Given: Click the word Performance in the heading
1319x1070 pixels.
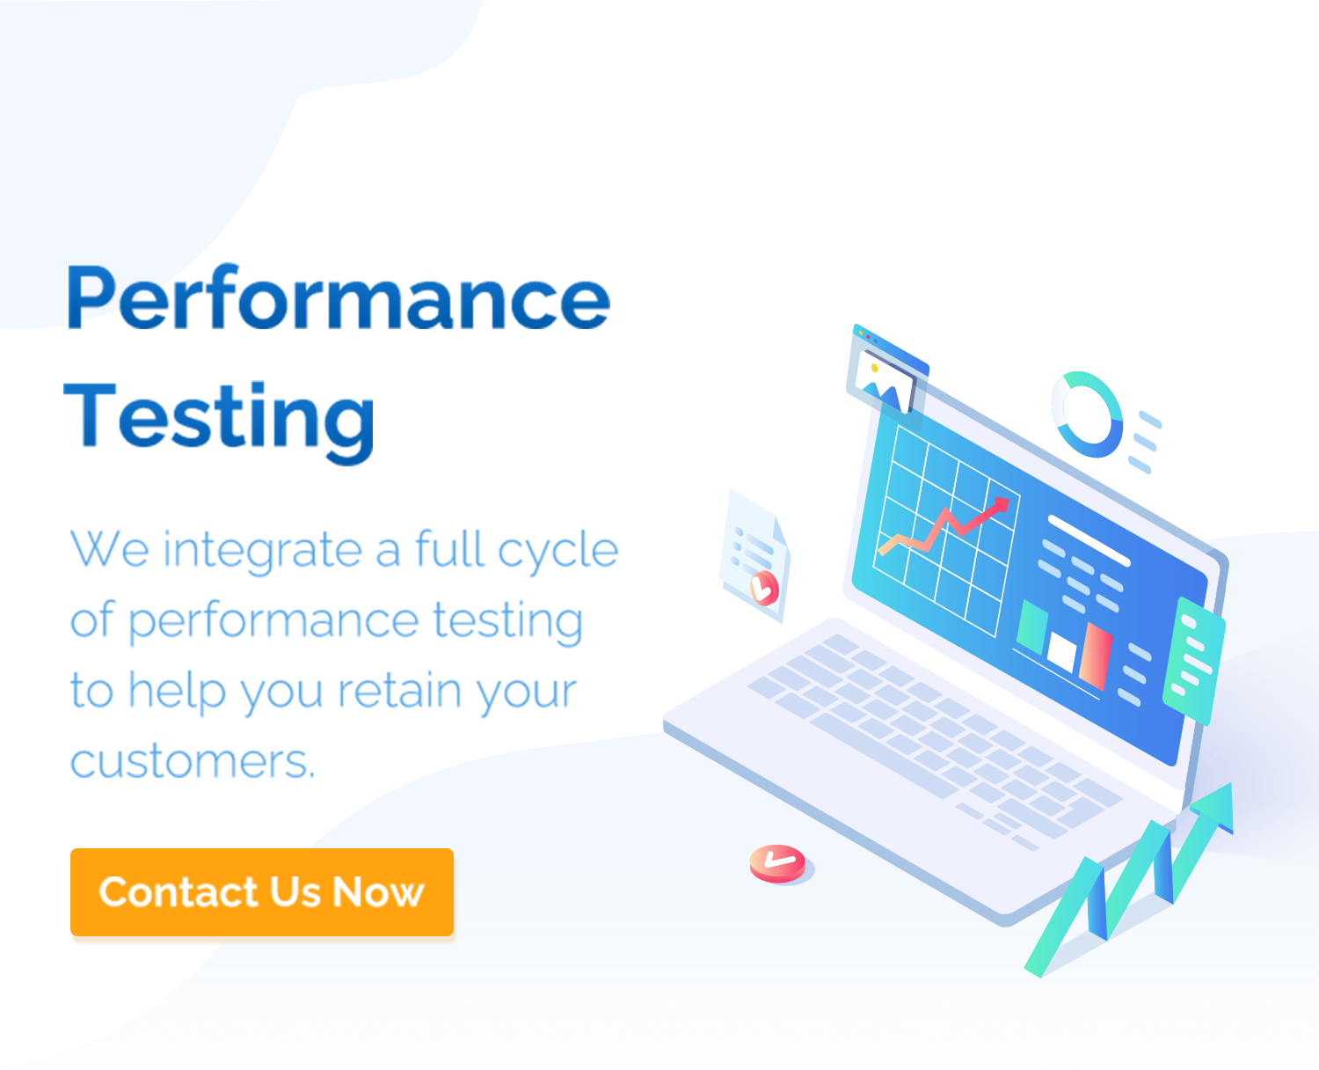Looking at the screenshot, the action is tap(339, 297).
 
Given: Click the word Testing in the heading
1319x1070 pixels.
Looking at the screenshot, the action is tap(219, 422).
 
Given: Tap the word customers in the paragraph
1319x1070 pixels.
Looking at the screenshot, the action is tap(192, 761).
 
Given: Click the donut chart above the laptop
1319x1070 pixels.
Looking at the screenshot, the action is tap(1087, 414).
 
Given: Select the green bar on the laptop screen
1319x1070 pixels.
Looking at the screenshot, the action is tap(1031, 627).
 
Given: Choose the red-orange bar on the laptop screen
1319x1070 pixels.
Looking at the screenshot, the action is tap(1096, 656).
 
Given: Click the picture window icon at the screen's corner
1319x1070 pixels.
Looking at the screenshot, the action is tap(886, 373).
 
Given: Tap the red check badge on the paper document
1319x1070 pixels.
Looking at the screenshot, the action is tap(764, 587).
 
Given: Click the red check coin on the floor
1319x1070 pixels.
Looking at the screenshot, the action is tap(778, 862).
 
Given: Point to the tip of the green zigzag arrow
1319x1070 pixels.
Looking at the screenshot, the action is tap(1230, 783).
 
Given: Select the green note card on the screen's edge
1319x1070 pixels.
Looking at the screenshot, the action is tap(1194, 661).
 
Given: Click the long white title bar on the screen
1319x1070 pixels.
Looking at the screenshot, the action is tap(1089, 540).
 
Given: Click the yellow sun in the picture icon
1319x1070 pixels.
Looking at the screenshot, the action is tap(874, 368).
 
